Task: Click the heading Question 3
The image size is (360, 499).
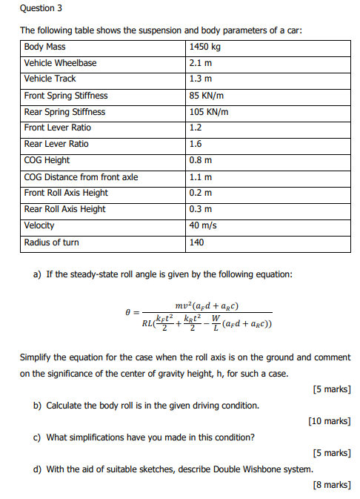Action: tap(41, 8)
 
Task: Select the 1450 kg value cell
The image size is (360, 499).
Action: tap(206, 47)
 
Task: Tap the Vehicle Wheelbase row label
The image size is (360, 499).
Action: tap(60, 63)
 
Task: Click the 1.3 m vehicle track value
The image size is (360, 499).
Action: tap(200, 79)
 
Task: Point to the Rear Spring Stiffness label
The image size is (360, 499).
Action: tap(64, 112)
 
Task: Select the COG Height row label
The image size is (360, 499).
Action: tap(47, 160)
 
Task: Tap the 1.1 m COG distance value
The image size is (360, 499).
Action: tap(200, 177)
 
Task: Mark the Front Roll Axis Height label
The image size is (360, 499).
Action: tap(66, 193)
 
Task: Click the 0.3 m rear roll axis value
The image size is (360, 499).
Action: tap(200, 209)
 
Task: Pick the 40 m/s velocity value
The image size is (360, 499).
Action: tap(204, 225)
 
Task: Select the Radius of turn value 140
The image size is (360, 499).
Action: tap(196, 242)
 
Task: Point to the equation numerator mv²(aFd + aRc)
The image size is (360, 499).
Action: tap(207, 306)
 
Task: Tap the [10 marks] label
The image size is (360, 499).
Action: tap(330, 421)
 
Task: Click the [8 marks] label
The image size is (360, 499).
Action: tap(332, 485)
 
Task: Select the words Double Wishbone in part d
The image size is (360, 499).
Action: tap(231, 469)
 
